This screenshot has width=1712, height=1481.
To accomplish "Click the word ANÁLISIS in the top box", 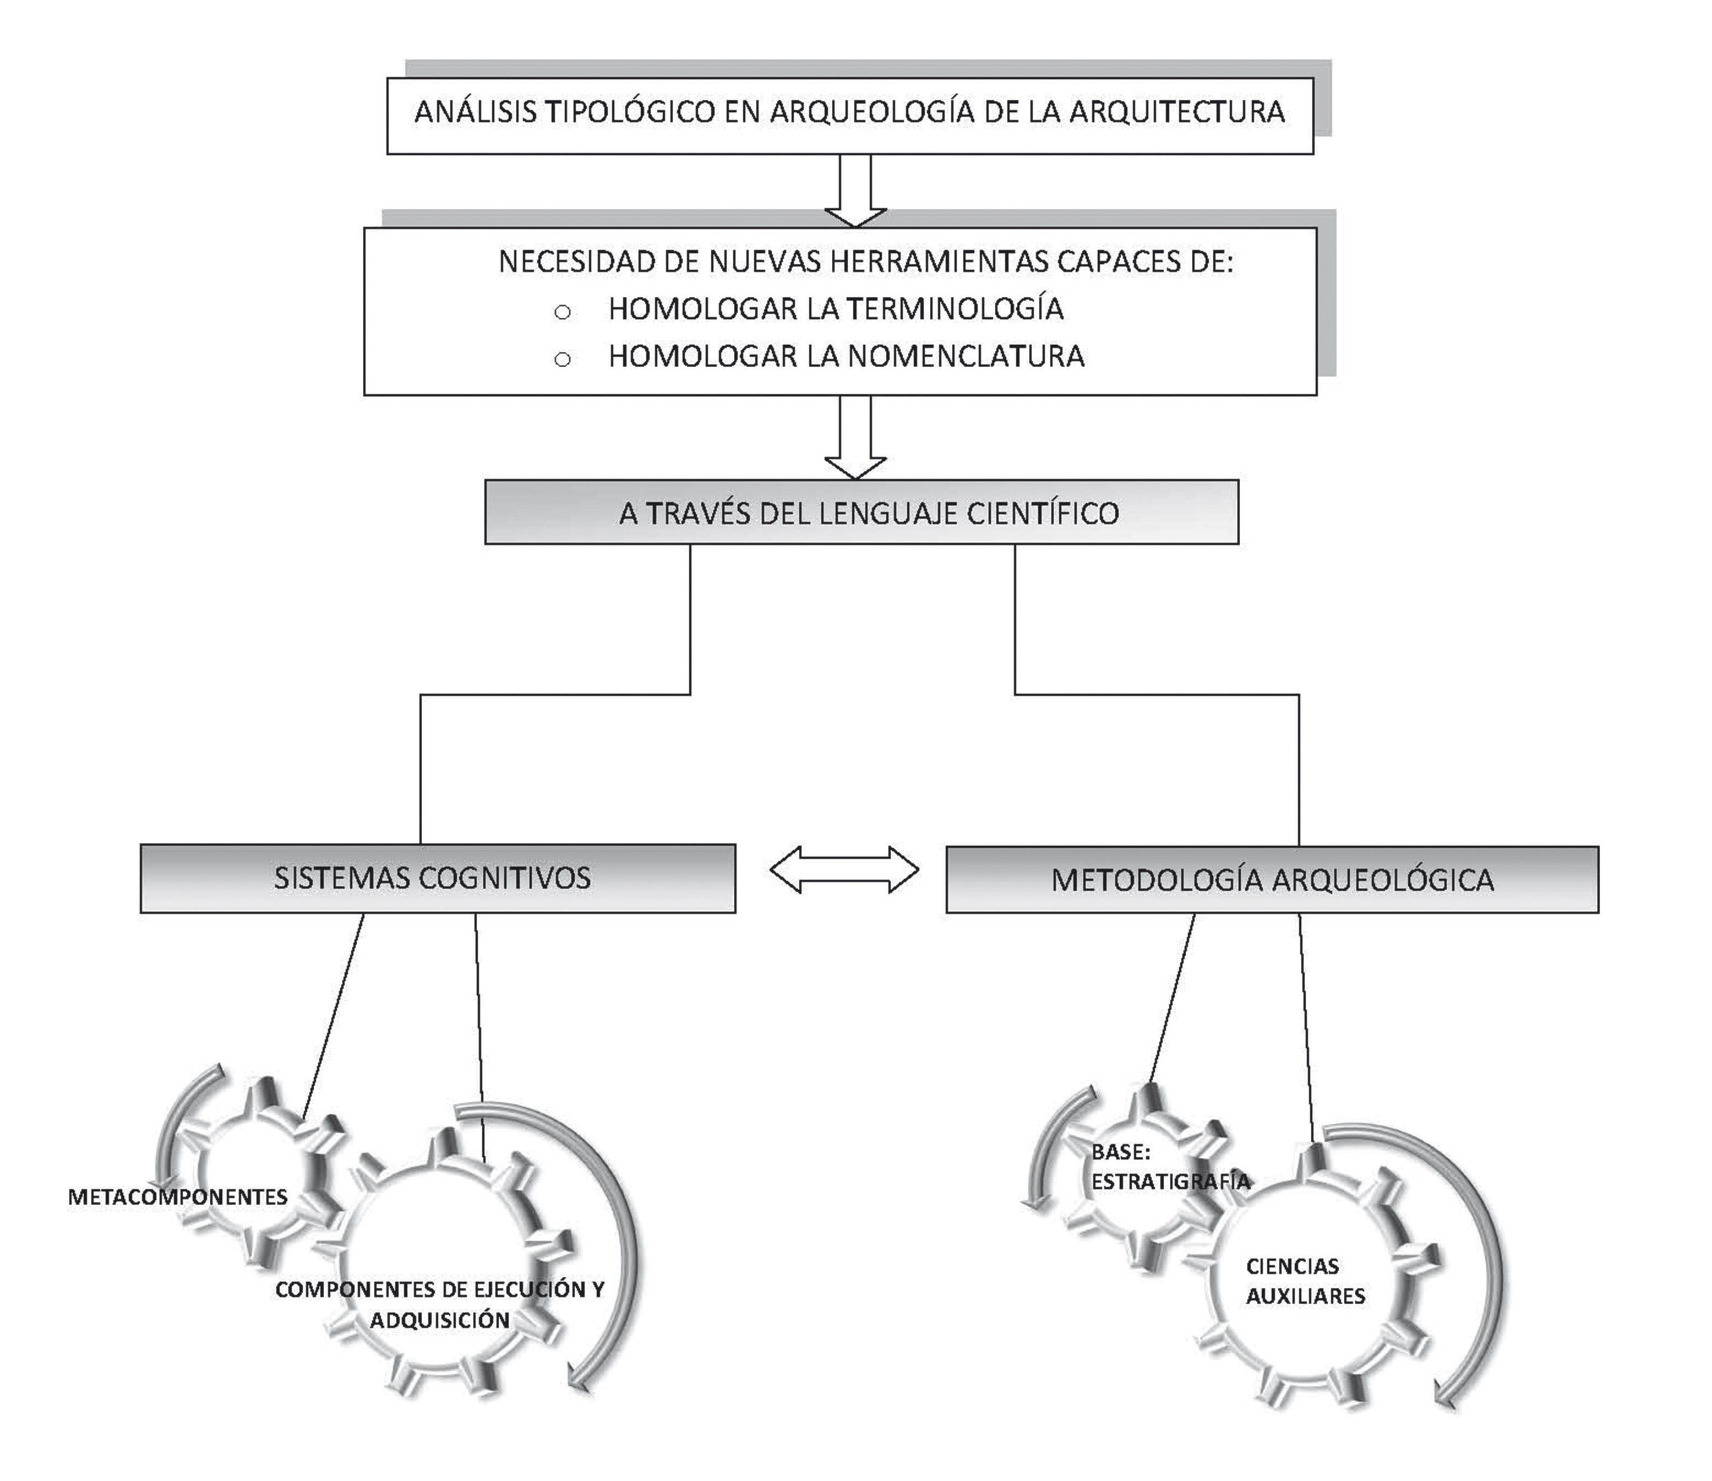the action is coord(476,112).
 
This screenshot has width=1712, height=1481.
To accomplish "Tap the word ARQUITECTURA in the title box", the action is coord(1177,112).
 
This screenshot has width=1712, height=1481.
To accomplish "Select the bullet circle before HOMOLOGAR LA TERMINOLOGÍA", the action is coord(563,312).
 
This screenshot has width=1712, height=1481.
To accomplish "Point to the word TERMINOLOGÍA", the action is coord(956,308).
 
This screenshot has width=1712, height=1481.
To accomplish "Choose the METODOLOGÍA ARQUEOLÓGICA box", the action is coord(1272,879).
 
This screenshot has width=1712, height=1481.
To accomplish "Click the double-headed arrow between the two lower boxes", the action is coord(843,869).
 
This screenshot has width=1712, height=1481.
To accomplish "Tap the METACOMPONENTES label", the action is coord(178,1197).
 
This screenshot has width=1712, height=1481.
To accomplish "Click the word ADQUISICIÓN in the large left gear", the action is coord(440,1320).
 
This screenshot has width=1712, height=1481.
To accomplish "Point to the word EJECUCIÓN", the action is coord(530,1289).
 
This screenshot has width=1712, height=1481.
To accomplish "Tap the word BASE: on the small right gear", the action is coord(1120,1153).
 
